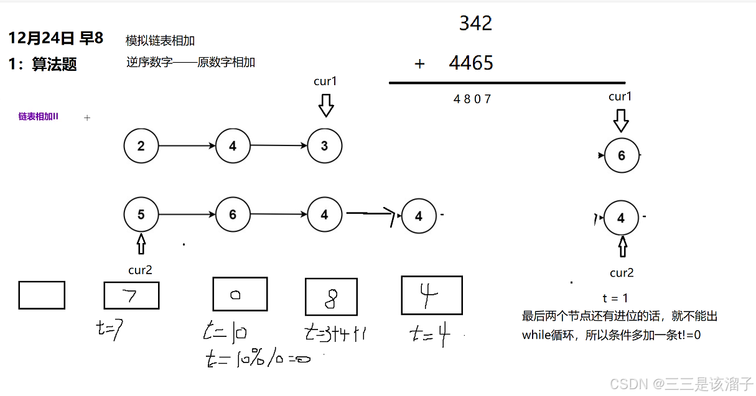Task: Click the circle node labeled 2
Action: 141,147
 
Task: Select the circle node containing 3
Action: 324,147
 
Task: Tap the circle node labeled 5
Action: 141,215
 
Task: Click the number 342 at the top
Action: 475,24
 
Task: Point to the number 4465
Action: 471,63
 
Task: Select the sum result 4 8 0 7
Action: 472,99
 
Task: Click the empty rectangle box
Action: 42,295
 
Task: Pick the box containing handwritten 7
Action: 131,295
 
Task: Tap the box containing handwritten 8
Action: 331,297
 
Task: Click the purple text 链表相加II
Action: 38,116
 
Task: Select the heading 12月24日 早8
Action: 55,39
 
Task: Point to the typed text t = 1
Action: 615,298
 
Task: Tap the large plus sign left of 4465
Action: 419,63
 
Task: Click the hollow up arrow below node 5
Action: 141,243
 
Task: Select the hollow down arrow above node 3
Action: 326,105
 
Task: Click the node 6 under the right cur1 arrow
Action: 621,155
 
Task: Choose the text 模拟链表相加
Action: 160,41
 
